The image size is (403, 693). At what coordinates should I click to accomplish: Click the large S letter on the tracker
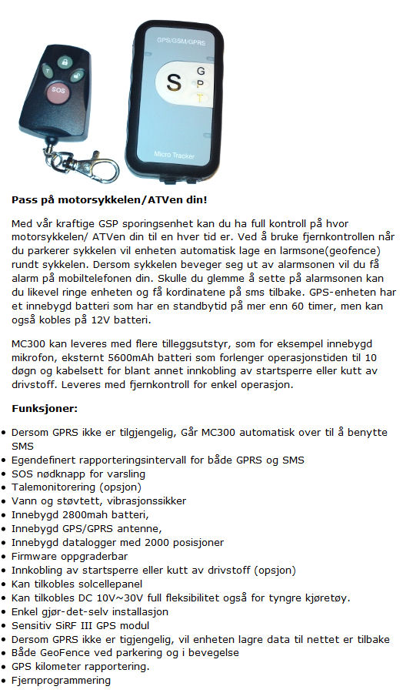click(x=174, y=82)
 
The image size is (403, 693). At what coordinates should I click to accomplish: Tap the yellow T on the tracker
click(x=200, y=98)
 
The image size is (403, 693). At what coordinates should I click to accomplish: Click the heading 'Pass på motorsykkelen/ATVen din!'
click(x=108, y=200)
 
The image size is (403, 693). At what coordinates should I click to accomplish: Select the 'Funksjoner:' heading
click(x=45, y=408)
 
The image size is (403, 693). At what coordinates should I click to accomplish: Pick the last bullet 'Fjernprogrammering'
click(x=61, y=681)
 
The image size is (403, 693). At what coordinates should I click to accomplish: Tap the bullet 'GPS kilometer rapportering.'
click(x=80, y=667)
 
